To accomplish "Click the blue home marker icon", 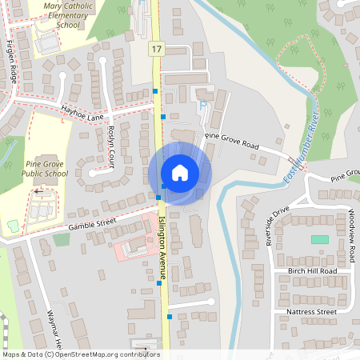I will coord(180,172).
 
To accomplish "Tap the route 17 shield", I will coord(155,50).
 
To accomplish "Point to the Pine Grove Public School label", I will coord(46,167).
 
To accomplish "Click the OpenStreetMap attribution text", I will coord(81,354).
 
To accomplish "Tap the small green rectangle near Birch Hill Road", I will coord(319,239).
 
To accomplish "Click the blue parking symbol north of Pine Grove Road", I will coord(201,104).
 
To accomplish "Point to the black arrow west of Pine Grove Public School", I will coord(38,192).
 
